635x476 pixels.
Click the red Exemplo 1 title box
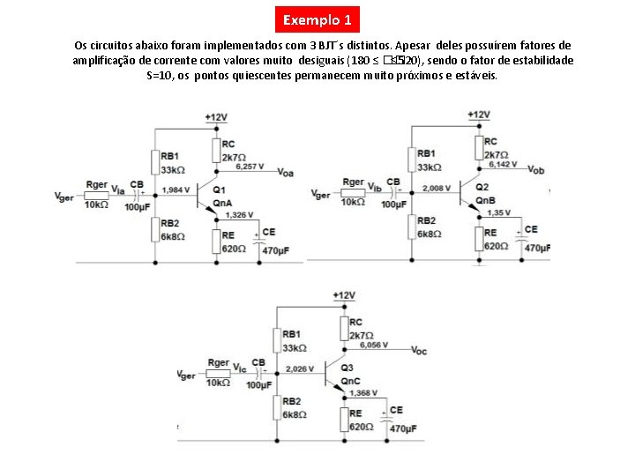[x=317, y=19]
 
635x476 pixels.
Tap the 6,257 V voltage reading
[x=250, y=167]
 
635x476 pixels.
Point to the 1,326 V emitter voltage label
[x=239, y=214]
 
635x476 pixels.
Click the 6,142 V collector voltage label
[x=503, y=164]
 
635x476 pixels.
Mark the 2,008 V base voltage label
[x=437, y=188]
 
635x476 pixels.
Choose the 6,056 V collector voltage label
[x=375, y=346]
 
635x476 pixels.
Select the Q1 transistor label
[x=219, y=190]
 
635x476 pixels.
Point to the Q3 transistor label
[x=346, y=368]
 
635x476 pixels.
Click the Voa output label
[x=285, y=174]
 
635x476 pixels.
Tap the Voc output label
[x=419, y=351]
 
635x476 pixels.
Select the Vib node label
[x=374, y=188]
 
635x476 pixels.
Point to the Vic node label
[x=238, y=370]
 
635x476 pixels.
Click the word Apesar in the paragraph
[x=413, y=44]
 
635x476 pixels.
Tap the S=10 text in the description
[x=160, y=76]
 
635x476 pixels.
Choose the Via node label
[x=117, y=190]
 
